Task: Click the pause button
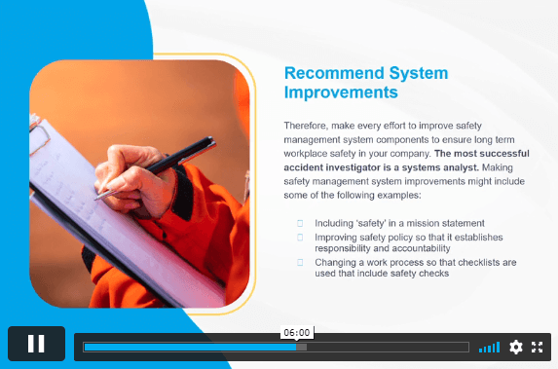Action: [36, 344]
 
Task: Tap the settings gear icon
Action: [516, 347]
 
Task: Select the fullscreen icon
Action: [537, 347]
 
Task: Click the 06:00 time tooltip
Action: [297, 333]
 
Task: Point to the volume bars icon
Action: [489, 348]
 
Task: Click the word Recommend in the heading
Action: [334, 73]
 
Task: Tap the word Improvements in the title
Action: [341, 92]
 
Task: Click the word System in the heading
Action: [419, 73]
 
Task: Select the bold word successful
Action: [504, 154]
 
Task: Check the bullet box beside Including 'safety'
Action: [300, 224]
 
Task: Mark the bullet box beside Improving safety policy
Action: [300, 238]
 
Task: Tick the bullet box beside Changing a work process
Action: [300, 263]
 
